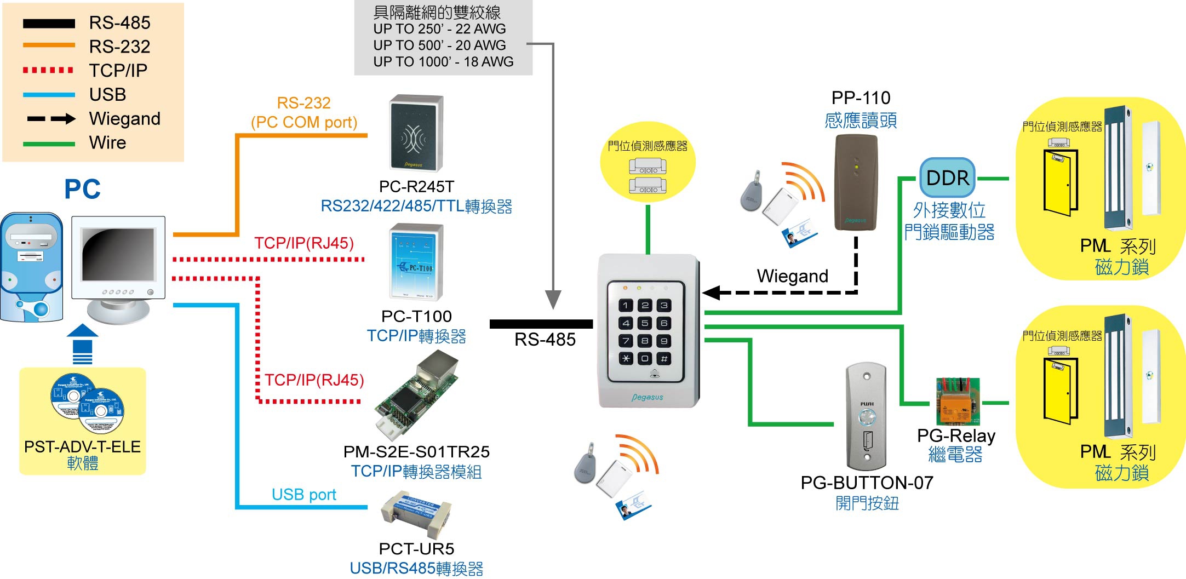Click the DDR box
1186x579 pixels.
click(x=947, y=178)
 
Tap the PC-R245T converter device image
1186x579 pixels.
click(x=416, y=133)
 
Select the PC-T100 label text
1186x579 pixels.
click(x=416, y=316)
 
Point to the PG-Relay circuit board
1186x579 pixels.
click(x=958, y=402)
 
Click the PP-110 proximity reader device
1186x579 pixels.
click(x=856, y=182)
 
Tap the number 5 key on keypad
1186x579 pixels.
click(x=645, y=323)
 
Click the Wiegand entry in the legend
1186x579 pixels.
click(x=124, y=118)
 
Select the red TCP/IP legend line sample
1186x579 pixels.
click(x=48, y=70)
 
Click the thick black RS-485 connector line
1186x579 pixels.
click(x=541, y=324)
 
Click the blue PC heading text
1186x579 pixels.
click(x=82, y=190)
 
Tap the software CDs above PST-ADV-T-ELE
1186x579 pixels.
click(x=88, y=403)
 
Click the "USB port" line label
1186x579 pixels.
click(x=303, y=495)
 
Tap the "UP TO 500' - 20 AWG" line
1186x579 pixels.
click(x=439, y=45)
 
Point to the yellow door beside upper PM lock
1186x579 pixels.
click(x=1059, y=182)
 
